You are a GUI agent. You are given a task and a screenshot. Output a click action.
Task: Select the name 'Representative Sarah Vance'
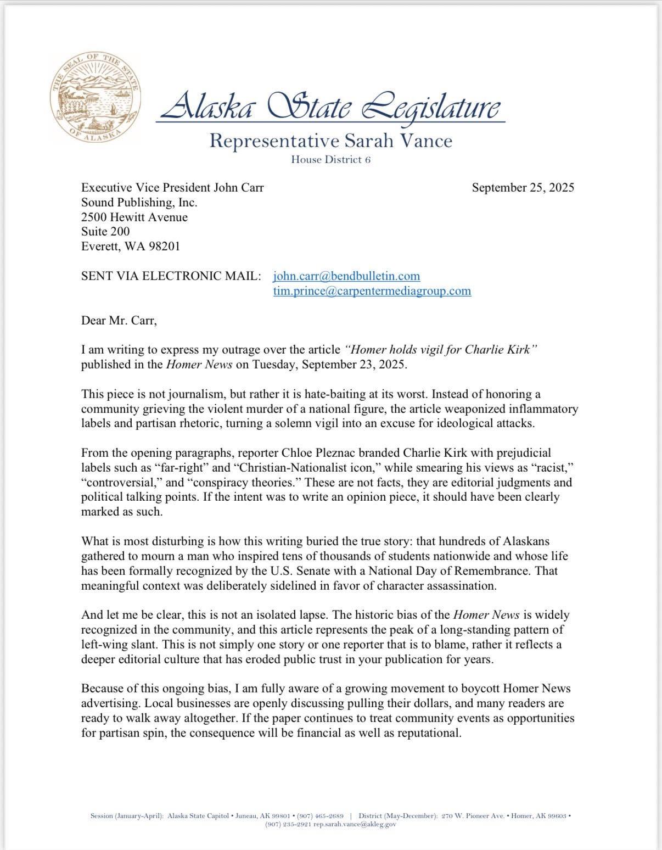pyautogui.click(x=330, y=141)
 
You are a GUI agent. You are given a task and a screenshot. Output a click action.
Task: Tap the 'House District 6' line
pyautogui.click(x=330, y=160)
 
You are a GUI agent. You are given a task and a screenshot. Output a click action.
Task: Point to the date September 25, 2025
pyautogui.click(x=523, y=188)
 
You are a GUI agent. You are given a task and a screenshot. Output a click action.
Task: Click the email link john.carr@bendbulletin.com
pyautogui.click(x=346, y=276)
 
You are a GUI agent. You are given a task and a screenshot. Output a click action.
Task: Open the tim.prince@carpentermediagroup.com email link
pyautogui.click(x=372, y=291)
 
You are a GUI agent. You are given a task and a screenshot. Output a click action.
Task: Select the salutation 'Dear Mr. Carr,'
pyautogui.click(x=119, y=321)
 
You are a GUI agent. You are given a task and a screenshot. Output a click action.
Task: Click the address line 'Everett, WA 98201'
pyautogui.click(x=130, y=247)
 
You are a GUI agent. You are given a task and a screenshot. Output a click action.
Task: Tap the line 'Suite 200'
pyautogui.click(x=105, y=232)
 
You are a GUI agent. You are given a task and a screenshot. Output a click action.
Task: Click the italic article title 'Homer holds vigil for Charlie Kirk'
pyautogui.click(x=440, y=350)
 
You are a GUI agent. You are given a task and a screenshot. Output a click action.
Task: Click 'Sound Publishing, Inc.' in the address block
pyautogui.click(x=139, y=203)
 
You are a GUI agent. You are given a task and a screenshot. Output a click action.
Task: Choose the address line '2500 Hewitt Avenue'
pyautogui.click(x=134, y=217)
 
